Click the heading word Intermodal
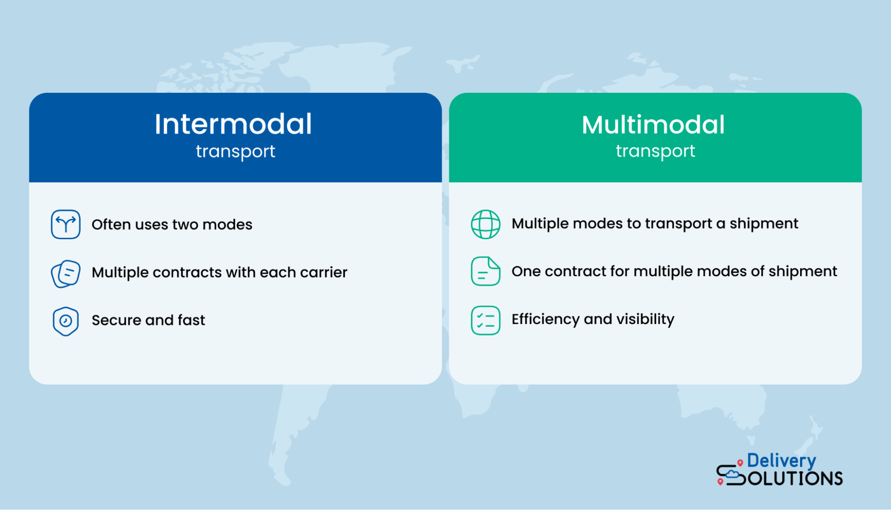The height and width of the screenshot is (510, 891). [x=233, y=124]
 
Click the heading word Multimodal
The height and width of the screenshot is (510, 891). [x=653, y=124]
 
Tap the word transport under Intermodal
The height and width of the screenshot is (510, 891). [x=235, y=152]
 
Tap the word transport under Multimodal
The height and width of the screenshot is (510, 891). [x=655, y=151]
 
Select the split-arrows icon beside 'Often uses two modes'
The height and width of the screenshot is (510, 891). [x=66, y=224]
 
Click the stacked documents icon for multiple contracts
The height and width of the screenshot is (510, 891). [x=66, y=274]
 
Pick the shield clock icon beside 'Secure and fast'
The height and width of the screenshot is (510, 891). [x=66, y=321]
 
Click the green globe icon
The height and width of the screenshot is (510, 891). [x=485, y=224]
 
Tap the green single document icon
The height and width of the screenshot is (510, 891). [x=485, y=271]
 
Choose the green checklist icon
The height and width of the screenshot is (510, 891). [x=485, y=320]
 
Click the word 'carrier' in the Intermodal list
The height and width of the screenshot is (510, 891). [x=324, y=273]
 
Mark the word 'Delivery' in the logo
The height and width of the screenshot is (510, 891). [x=781, y=461]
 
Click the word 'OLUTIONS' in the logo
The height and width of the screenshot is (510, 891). [x=795, y=479]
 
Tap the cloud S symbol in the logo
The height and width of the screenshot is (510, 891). [x=730, y=475]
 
